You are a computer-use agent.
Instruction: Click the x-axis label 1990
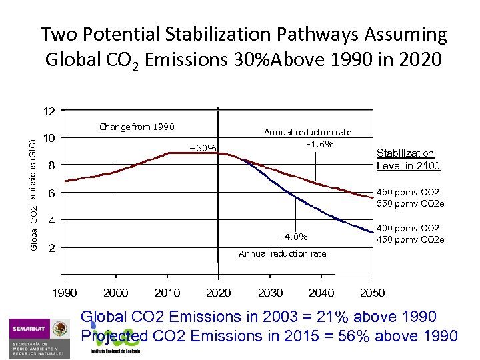pyautogui.click(x=65, y=293)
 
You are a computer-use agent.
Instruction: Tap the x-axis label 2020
pyautogui.click(x=219, y=293)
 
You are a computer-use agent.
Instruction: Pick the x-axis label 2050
pyautogui.click(x=372, y=293)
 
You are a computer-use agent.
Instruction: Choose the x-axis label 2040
pyautogui.click(x=321, y=293)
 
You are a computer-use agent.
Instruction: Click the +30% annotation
pyautogui.click(x=203, y=147)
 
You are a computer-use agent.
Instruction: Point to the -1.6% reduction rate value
pyautogui.click(x=320, y=144)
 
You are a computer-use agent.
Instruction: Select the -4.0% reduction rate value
pyautogui.click(x=294, y=236)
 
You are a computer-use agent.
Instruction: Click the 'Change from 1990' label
pyautogui.click(x=137, y=127)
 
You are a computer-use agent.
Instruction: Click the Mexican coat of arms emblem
pyautogui.click(x=61, y=329)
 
